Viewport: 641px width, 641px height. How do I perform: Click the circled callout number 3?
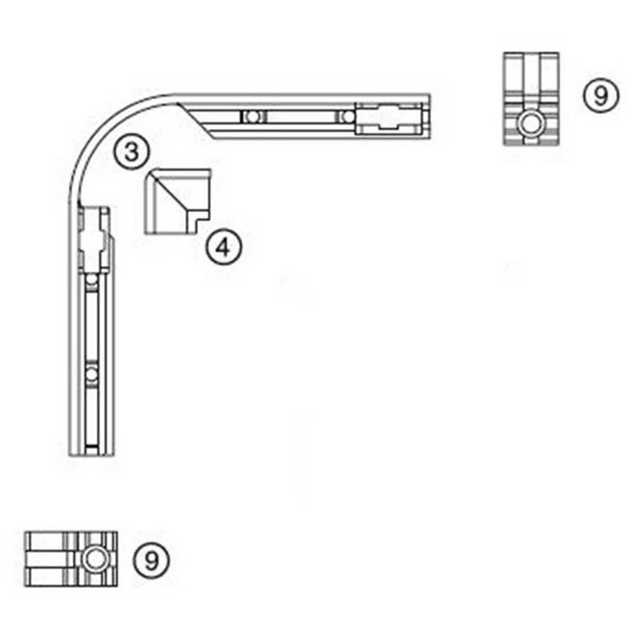tap(130, 152)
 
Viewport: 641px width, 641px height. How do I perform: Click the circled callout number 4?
tap(224, 248)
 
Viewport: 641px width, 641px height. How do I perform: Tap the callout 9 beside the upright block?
tap(600, 95)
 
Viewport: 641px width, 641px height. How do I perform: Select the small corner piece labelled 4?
tap(175, 201)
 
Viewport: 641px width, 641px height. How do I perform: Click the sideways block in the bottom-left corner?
tap(70, 558)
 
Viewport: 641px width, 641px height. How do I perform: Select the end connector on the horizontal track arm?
tap(390, 116)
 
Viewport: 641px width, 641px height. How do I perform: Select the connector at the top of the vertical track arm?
tap(94, 239)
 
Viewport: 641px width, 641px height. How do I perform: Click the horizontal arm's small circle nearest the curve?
tap(251, 116)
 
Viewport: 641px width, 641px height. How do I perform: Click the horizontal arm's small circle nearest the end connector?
tap(347, 116)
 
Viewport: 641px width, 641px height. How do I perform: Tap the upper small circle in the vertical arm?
tap(91, 281)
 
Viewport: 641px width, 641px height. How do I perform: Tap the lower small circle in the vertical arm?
tap(91, 374)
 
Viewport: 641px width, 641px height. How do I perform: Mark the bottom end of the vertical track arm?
tap(91, 451)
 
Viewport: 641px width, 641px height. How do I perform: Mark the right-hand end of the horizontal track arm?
tap(428, 116)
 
